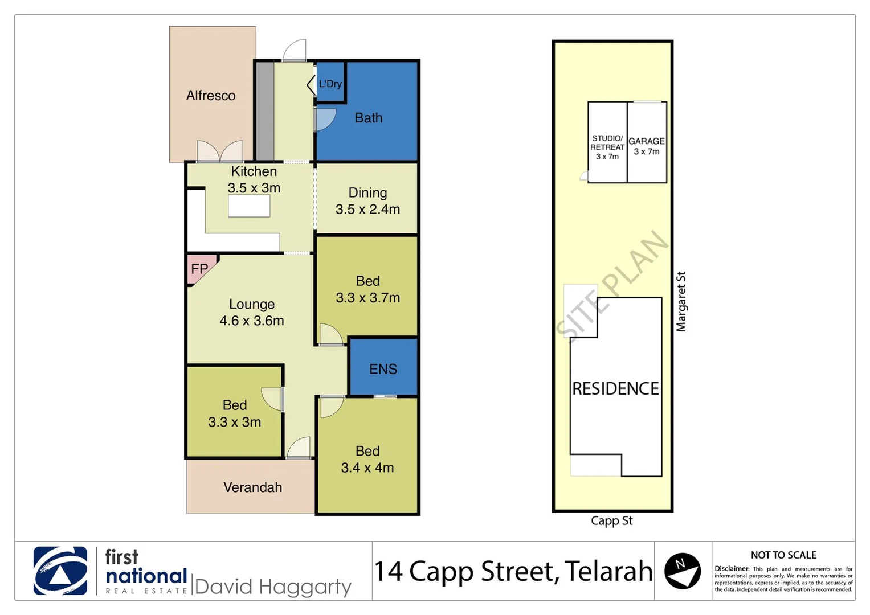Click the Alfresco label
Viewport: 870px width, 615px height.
pyautogui.click(x=211, y=96)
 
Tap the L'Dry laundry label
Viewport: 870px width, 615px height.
pyautogui.click(x=330, y=84)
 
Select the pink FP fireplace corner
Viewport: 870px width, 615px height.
pyautogui.click(x=199, y=269)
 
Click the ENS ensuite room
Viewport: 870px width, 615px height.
pyautogui.click(x=383, y=368)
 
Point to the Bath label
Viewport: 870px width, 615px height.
pyautogui.click(x=368, y=118)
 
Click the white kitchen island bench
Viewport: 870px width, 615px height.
pyautogui.click(x=249, y=206)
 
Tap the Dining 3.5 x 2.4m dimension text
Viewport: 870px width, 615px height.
pyautogui.click(x=367, y=209)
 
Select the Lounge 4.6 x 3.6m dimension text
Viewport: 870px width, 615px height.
pyautogui.click(x=252, y=321)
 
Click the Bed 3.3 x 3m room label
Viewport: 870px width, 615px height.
pyautogui.click(x=234, y=413)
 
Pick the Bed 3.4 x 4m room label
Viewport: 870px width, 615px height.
pyautogui.click(x=367, y=460)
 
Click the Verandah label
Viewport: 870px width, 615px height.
pyautogui.click(x=252, y=487)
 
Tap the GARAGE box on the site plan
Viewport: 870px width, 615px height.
pyautogui.click(x=647, y=145)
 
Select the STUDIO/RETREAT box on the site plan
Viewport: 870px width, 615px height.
pyautogui.click(x=607, y=147)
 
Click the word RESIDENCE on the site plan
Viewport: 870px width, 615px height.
pyautogui.click(x=615, y=388)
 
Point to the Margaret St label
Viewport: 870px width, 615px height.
pyautogui.click(x=681, y=301)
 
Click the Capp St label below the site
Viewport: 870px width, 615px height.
pyautogui.click(x=611, y=520)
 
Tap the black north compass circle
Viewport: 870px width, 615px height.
pyautogui.click(x=682, y=571)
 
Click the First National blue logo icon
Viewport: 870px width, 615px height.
pyautogui.click(x=60, y=571)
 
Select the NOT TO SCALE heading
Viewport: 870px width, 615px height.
pyautogui.click(x=783, y=555)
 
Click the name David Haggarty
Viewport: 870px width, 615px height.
pyautogui.click(x=273, y=587)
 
